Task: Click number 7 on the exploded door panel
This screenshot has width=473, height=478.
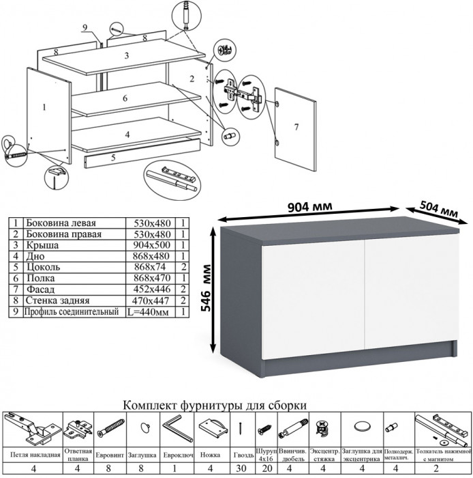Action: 296,128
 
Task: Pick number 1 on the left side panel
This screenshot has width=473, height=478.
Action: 44,106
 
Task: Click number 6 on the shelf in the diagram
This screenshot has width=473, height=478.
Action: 125,98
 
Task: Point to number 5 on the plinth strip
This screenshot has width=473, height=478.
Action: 112,157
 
